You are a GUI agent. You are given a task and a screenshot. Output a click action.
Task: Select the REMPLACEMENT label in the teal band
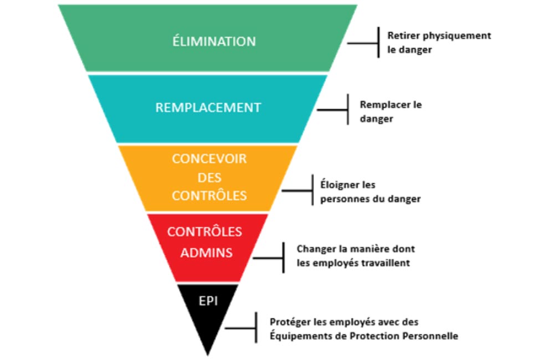208,107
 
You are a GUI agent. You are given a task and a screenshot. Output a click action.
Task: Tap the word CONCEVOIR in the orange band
209,158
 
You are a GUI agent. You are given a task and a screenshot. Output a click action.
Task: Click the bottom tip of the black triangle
207,353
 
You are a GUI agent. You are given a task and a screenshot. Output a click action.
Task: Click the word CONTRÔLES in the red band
204,232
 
